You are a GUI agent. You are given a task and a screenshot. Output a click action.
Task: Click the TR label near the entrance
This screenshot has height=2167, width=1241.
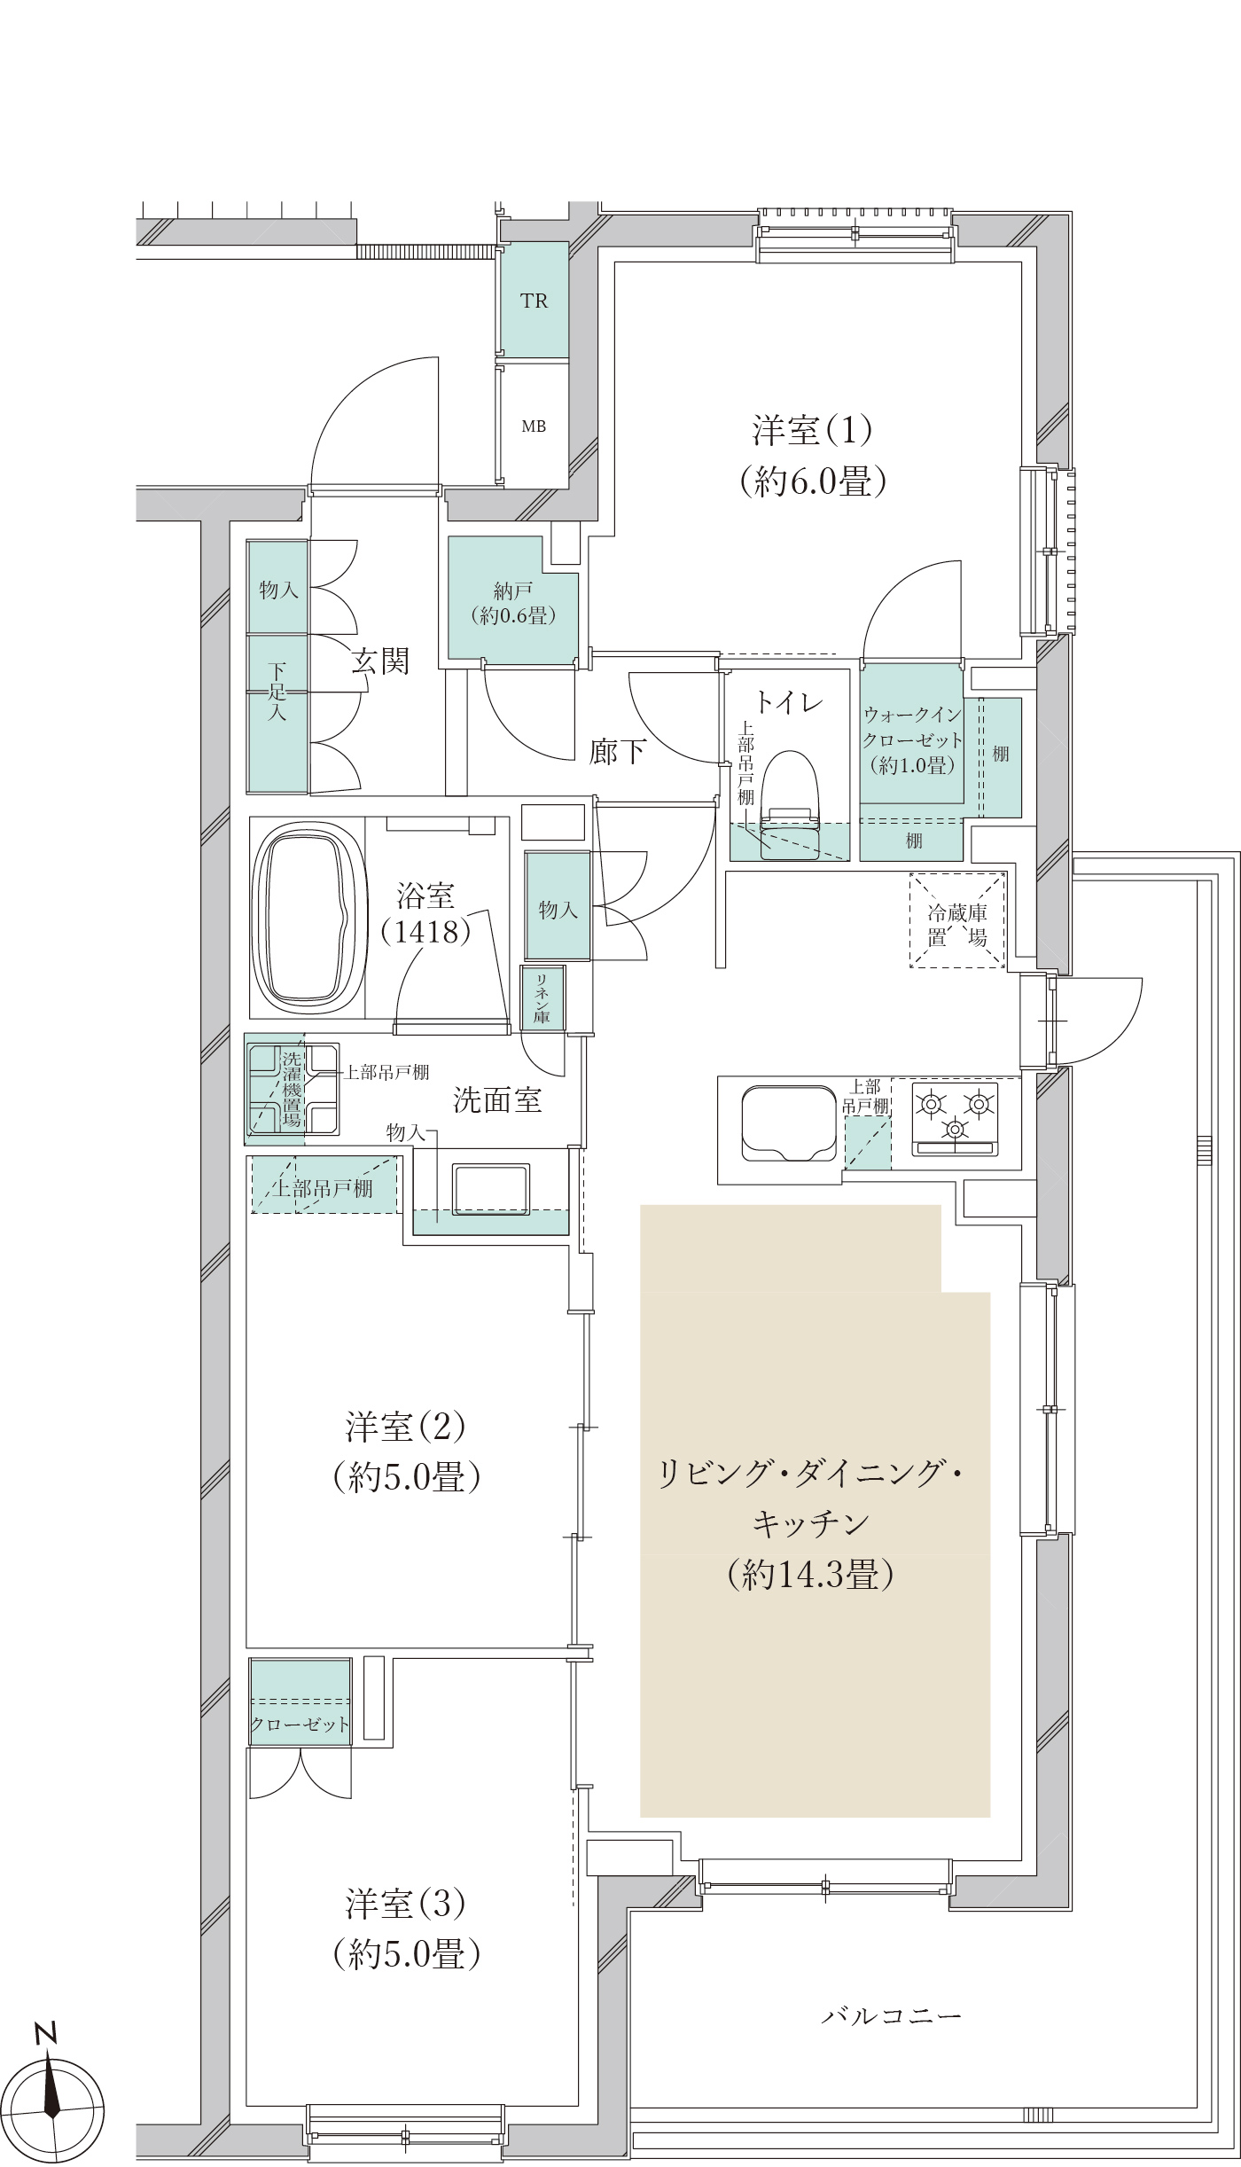pyautogui.click(x=534, y=301)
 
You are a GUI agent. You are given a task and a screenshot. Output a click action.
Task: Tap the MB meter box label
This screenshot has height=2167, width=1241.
pyautogui.click(x=534, y=426)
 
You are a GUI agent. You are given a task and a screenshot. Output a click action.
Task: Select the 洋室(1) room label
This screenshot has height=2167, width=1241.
pyautogui.click(x=813, y=431)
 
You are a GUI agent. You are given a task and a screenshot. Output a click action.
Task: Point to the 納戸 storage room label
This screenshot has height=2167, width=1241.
pyautogui.click(x=512, y=591)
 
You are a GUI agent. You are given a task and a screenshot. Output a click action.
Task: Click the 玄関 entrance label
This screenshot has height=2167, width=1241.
pyautogui.click(x=380, y=661)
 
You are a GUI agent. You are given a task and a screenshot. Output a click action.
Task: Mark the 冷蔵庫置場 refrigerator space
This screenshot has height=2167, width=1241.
pyautogui.click(x=958, y=921)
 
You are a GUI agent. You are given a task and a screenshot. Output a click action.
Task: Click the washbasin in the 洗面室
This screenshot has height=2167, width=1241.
pyautogui.click(x=491, y=1190)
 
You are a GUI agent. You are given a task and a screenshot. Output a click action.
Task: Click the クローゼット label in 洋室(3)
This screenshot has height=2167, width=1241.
pyautogui.click(x=300, y=1725)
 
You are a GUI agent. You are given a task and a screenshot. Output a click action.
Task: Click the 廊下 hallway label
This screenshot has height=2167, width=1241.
pyautogui.click(x=618, y=752)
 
